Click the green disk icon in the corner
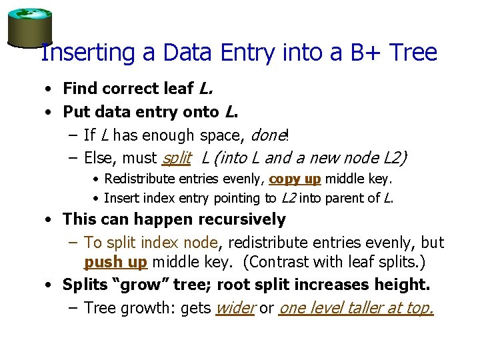(29, 27)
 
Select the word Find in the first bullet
(79, 88)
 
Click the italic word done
(267, 136)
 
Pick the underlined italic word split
(176, 159)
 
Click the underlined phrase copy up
(295, 179)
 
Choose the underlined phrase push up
(115, 262)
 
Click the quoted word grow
(143, 285)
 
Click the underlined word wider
(235, 308)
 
